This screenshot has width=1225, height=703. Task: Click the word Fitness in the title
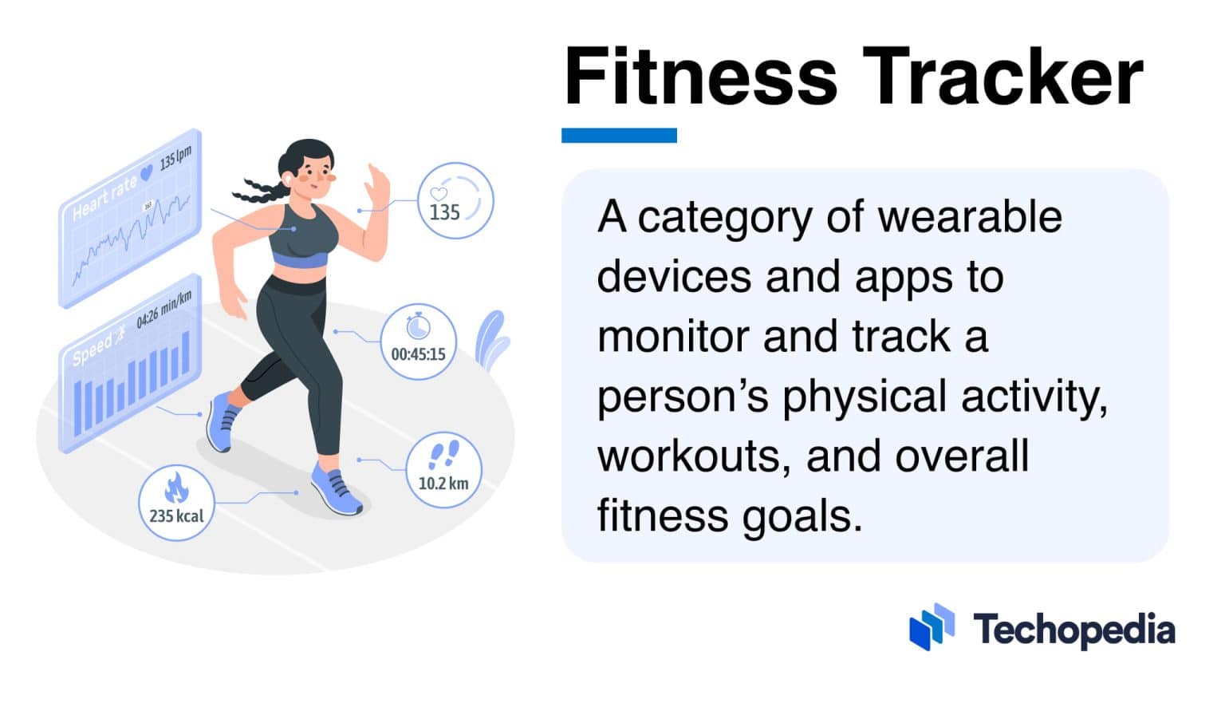tap(700, 77)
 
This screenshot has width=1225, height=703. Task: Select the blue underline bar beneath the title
tap(619, 136)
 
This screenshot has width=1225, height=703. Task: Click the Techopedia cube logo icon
tap(932, 626)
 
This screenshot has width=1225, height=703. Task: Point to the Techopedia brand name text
tap(1073, 630)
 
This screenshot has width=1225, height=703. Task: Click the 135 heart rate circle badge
tap(455, 200)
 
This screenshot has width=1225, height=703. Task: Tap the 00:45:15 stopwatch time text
tap(418, 353)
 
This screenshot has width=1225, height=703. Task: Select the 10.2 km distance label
tap(443, 484)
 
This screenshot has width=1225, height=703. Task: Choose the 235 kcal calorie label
tap(176, 516)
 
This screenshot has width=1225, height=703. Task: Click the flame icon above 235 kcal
tap(176, 487)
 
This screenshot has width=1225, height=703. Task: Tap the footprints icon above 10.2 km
tap(443, 456)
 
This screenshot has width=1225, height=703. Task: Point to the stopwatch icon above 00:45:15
tap(418, 326)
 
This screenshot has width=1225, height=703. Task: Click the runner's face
tap(316, 178)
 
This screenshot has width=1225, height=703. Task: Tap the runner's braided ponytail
tap(257, 190)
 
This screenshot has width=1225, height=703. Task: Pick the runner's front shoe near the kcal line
tap(335, 489)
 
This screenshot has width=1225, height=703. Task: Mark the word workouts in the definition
tap(693, 456)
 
